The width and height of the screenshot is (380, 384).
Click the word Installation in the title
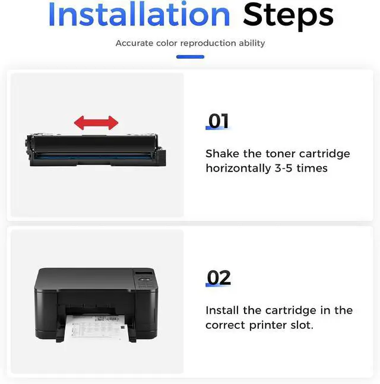point(139,14)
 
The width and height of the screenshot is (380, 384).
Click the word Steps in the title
point(288,16)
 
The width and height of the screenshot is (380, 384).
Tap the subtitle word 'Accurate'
point(134,43)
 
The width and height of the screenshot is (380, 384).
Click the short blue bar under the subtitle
point(190,57)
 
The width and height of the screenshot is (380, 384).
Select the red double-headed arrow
point(96,123)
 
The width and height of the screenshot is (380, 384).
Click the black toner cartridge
point(95,150)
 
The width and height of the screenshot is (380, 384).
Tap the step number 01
point(218,121)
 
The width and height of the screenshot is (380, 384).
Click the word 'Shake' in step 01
point(222,154)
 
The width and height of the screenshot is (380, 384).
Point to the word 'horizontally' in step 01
point(238,169)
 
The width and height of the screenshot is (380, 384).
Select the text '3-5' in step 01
point(284,168)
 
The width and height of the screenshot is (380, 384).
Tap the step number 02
point(218,278)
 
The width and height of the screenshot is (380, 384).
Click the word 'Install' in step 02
point(222,310)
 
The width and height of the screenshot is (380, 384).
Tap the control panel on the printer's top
point(144,279)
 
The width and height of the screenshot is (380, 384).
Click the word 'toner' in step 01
point(280,154)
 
